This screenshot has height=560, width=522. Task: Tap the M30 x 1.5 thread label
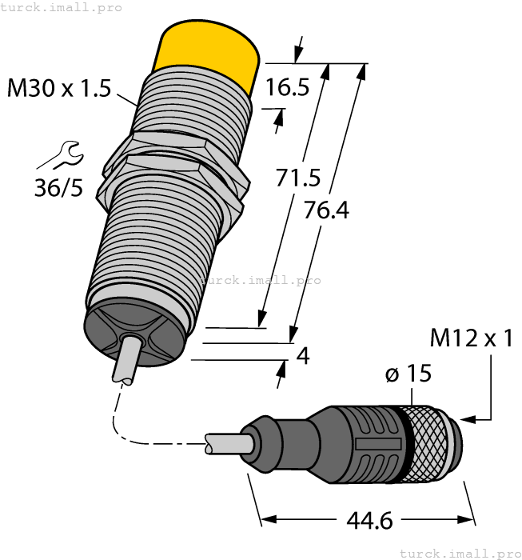(x=58, y=88)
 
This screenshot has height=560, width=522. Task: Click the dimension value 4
(x=302, y=355)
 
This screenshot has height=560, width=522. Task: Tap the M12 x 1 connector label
(x=471, y=338)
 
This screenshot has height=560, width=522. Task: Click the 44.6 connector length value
(x=369, y=521)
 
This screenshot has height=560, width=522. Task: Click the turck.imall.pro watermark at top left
(x=62, y=7)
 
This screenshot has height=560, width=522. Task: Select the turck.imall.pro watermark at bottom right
(x=459, y=553)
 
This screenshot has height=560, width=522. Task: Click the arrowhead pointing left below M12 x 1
(x=468, y=417)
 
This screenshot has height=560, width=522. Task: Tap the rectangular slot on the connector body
(x=376, y=444)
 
